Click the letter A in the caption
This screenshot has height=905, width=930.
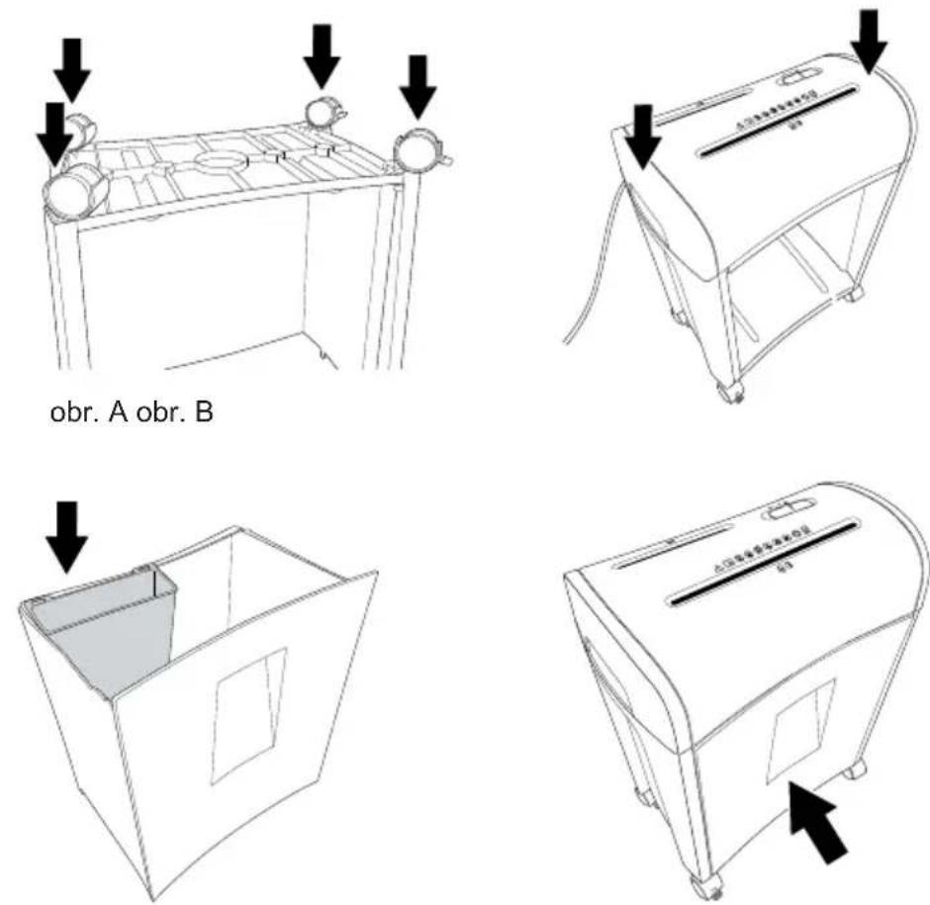(x=118, y=412)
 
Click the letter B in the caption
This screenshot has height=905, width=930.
(x=204, y=412)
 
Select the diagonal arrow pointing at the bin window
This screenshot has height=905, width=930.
(x=818, y=822)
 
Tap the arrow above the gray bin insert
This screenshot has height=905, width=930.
(x=66, y=537)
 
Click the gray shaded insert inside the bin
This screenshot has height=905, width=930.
(x=102, y=630)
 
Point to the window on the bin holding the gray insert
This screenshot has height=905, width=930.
(x=249, y=715)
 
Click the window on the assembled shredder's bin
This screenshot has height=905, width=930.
(x=799, y=731)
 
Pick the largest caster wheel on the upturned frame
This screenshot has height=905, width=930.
(x=76, y=190)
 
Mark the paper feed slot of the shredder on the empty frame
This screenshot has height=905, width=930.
(x=778, y=122)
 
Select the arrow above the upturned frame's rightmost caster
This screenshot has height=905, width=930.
(x=418, y=87)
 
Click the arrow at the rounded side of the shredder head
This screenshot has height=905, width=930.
(x=869, y=43)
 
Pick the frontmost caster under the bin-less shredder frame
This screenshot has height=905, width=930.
(x=731, y=392)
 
